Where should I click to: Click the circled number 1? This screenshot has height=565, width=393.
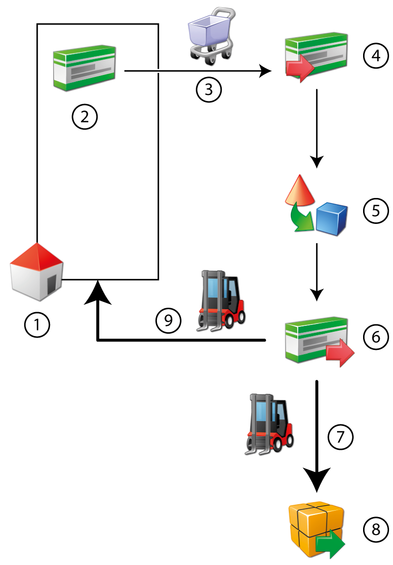[x=37, y=324]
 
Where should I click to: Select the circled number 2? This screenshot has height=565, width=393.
[x=84, y=117]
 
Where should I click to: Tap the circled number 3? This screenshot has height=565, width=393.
[x=209, y=90]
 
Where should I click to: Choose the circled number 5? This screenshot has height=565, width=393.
[x=375, y=211]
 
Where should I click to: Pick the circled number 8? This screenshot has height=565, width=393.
[x=375, y=529]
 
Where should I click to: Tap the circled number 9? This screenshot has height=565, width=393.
[x=168, y=321]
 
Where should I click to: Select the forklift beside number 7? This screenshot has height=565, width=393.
[x=269, y=422]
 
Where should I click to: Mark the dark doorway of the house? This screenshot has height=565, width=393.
[x=51, y=285]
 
